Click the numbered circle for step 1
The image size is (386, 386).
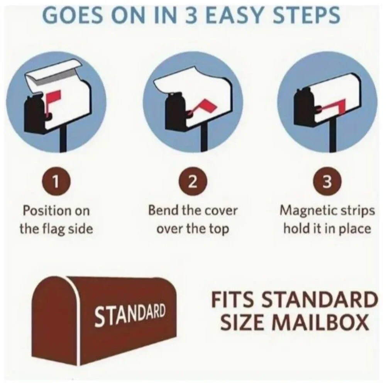[x=56, y=182]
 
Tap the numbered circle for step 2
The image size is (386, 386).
[x=193, y=182]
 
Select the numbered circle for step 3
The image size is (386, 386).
[x=327, y=182]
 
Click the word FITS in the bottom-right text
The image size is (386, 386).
[x=230, y=300]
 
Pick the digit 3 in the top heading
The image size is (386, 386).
[x=191, y=15]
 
